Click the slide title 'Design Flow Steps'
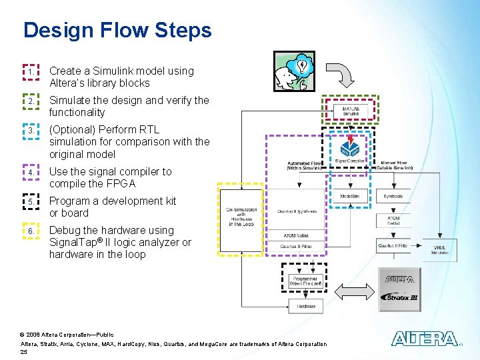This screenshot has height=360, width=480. pyautogui.click(x=117, y=31)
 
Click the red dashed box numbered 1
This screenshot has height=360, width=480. pyautogui.click(x=31, y=71)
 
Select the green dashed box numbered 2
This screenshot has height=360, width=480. pyautogui.click(x=31, y=101)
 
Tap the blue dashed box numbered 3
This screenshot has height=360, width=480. pyautogui.click(x=31, y=131)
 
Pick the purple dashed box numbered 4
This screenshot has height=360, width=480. pyautogui.click(x=31, y=172)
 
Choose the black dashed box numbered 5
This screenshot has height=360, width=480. pyautogui.click(x=31, y=201)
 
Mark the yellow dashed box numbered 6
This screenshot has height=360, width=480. pyautogui.click(x=31, y=231)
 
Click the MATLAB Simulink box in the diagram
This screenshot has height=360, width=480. pyautogui.click(x=351, y=111)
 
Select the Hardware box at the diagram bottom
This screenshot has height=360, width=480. pyautogui.click(x=306, y=307)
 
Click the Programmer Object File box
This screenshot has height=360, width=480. pyautogui.click(x=306, y=281)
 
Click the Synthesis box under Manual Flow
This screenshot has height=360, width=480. pyautogui.click(x=393, y=197)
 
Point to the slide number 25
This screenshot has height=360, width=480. pyautogui.click(x=24, y=351)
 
